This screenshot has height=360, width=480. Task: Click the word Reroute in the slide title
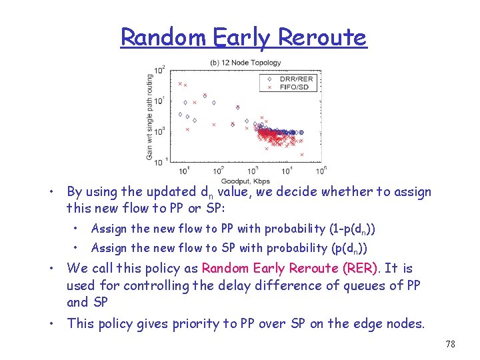(322, 37)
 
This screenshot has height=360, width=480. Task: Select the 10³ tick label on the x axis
(251, 171)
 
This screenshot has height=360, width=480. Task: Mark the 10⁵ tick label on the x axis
(321, 171)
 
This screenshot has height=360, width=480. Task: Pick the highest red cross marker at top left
(180, 83)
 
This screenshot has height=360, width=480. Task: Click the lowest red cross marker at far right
(302, 155)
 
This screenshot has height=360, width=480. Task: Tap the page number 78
(450, 345)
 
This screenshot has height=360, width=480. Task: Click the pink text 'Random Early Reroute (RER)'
(290, 269)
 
